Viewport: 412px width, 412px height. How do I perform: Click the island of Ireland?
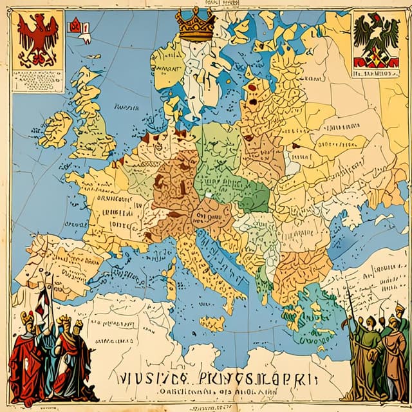click(x=56, y=129)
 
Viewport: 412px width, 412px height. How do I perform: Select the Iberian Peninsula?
click(x=61, y=264)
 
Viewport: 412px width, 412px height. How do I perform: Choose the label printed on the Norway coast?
click(x=166, y=66)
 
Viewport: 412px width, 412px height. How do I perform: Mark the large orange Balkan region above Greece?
click(x=303, y=270)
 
